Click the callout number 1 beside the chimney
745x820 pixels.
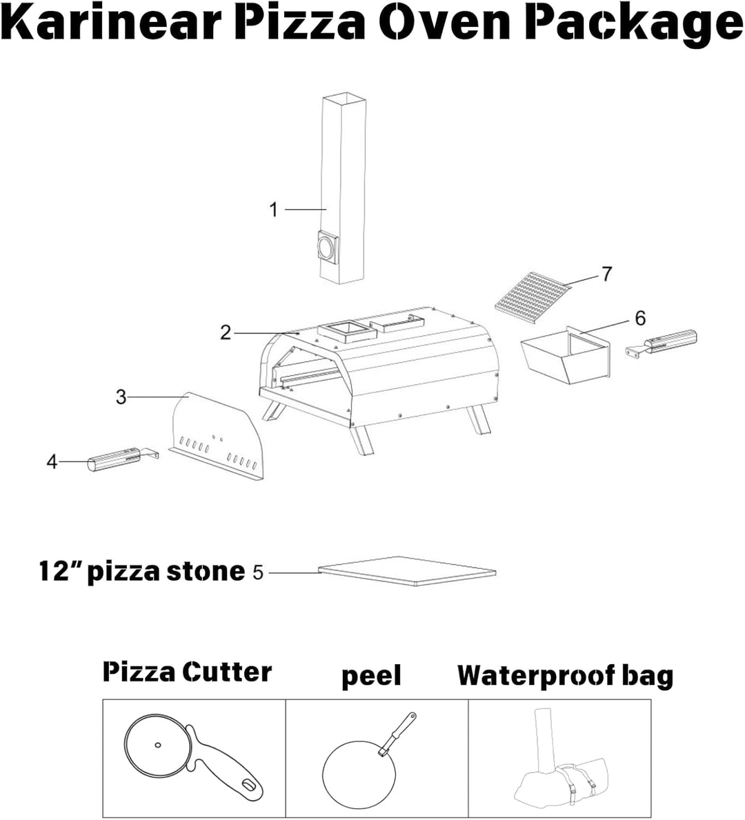(x=274, y=209)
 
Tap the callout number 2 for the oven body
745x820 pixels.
(x=226, y=332)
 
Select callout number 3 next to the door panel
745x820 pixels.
(x=121, y=397)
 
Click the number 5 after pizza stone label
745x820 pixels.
(x=258, y=572)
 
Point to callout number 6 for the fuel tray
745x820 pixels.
(x=640, y=318)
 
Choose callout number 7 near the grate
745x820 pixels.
(x=606, y=274)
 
